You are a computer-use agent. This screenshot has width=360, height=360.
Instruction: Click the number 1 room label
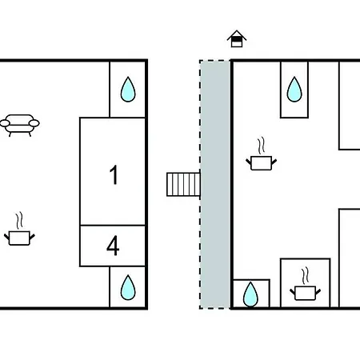coord(114,174)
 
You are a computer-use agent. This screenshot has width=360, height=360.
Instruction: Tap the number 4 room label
coord(113,246)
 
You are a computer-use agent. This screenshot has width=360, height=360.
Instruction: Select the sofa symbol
coord(20,126)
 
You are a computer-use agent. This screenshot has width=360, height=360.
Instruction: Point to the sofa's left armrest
coord(5,123)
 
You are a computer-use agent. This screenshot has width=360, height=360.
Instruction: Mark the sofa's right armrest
coord(34,123)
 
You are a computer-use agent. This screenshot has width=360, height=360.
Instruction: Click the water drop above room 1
coord(128,90)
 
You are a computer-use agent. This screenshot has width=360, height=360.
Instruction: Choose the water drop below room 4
coord(128,288)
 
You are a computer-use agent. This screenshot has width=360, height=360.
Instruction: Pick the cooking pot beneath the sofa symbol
coord(19,238)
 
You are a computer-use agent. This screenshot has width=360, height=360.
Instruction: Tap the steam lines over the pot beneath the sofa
coord(19,220)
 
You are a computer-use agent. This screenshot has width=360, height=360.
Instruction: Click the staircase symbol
coord(183,185)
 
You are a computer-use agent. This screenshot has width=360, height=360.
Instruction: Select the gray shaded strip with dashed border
coord(215,185)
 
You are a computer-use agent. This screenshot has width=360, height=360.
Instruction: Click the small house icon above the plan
coord(237,38)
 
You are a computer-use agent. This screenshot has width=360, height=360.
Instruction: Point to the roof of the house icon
coord(237,34)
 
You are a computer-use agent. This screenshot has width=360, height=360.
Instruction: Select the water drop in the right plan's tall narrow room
coord(294,90)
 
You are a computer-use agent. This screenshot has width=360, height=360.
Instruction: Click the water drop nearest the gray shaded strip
coord(250,294)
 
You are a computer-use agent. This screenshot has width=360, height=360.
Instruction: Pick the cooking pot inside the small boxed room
coord(306,293)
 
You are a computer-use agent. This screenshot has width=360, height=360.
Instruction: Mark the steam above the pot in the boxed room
coord(306,275)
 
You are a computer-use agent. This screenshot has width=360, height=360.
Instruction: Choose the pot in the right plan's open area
coord(262,162)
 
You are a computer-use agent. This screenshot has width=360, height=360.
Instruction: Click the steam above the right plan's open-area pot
coord(262,146)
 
